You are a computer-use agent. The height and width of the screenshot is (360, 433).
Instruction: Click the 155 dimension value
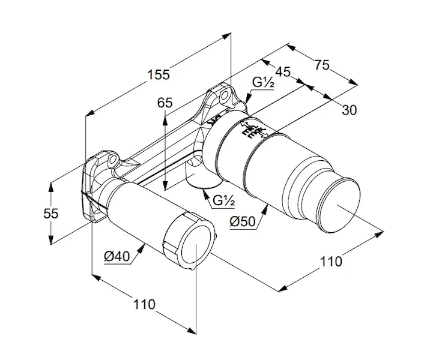(159, 74)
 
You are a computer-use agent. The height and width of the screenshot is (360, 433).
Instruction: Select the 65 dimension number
(165, 103)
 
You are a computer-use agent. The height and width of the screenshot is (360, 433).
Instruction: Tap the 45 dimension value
(283, 72)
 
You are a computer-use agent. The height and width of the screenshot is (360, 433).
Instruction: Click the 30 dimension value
(350, 109)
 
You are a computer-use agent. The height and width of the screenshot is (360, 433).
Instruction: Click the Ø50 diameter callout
(243, 221)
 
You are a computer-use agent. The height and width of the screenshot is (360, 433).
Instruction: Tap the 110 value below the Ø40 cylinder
(144, 304)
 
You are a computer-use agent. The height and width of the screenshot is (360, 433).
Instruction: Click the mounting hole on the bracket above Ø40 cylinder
(112, 160)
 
